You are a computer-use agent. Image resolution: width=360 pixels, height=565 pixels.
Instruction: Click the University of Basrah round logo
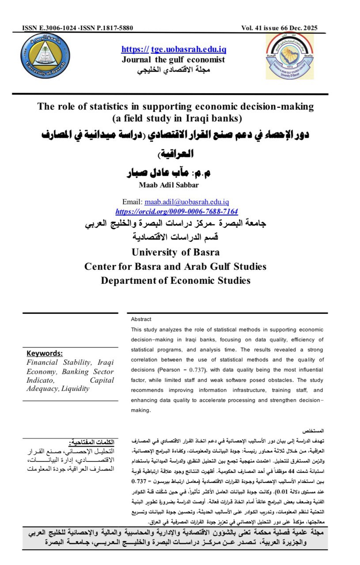[x=45, y=56]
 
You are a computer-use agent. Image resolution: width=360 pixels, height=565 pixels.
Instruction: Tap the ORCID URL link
[x=176, y=211]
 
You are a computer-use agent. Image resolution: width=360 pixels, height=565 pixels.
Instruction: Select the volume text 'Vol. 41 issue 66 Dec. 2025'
[x=279, y=28]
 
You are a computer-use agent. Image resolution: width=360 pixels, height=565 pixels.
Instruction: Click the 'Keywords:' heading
[x=45, y=353]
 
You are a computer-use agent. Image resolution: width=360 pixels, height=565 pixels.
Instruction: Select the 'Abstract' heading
[x=141, y=319]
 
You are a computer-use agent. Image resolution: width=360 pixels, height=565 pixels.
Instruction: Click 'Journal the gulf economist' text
[x=174, y=60]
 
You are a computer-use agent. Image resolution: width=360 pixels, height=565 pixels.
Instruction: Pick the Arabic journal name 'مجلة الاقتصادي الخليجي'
[x=174, y=70]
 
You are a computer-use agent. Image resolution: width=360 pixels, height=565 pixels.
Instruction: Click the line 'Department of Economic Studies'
[x=175, y=281]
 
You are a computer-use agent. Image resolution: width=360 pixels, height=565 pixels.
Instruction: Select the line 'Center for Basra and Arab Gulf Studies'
[x=175, y=267]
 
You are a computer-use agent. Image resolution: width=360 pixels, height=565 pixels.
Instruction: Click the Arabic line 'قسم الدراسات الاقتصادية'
[x=176, y=237]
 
